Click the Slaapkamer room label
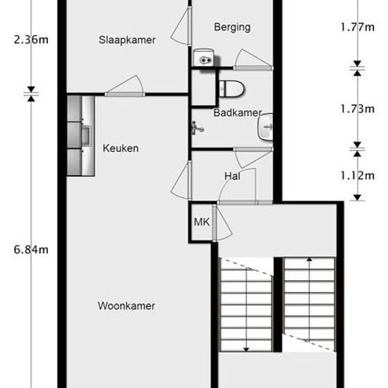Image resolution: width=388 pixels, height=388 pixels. tap(127, 40)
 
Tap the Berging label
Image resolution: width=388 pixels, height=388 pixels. tap(232, 28)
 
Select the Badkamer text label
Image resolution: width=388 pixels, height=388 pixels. tap(238, 113)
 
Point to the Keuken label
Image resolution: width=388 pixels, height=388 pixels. tap(121, 148)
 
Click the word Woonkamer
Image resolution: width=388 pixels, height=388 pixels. tap(126, 306)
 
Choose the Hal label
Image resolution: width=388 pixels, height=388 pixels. tap(232, 176)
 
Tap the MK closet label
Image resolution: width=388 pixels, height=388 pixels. tap(202, 222)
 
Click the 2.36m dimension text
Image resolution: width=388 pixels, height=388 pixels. tap(31, 40)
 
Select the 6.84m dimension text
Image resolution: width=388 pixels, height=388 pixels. tap(31, 250)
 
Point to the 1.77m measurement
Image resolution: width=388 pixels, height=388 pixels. tap(357, 27)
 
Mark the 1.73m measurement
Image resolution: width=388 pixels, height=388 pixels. tap(357, 109)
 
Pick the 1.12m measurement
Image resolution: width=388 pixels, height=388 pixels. tap(357, 176)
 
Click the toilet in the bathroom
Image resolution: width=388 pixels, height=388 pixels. tap(232, 89)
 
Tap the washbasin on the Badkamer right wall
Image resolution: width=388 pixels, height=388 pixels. tap(265, 127)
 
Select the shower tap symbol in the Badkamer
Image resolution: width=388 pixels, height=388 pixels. tap(197, 128)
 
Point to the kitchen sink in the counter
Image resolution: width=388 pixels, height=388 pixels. tap(87, 136)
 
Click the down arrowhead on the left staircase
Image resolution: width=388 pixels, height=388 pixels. tap(246, 349)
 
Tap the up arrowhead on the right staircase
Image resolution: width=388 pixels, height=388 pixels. tap(309, 259)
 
